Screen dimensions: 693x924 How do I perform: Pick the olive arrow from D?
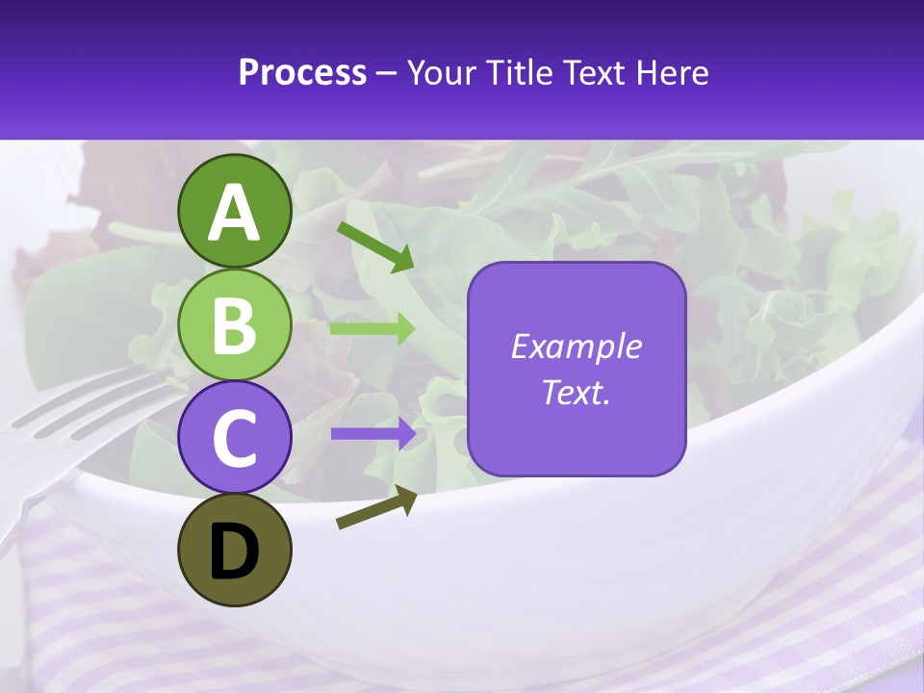click(376, 507)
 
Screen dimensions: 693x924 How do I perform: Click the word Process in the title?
click(302, 72)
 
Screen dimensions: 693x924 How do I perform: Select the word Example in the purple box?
click(576, 346)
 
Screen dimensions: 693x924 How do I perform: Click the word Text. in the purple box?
click(576, 392)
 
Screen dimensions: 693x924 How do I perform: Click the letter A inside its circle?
click(235, 213)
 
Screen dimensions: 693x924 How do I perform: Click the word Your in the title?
click(441, 72)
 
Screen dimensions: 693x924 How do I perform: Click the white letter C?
click(235, 439)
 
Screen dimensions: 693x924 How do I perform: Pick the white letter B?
click(235, 325)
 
